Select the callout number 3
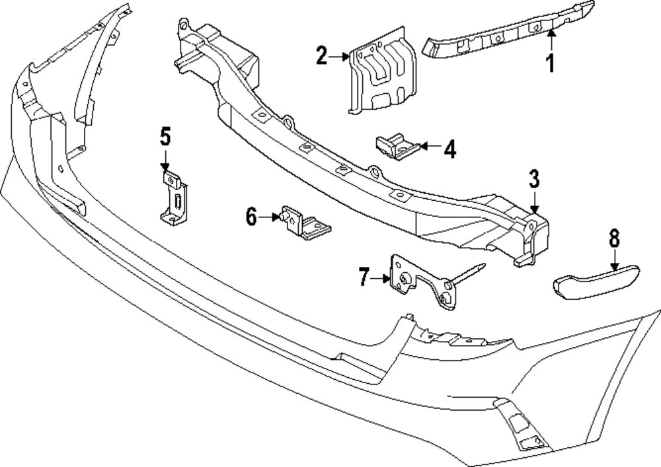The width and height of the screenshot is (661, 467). tap(534, 178)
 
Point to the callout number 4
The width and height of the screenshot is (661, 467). tap(449, 150)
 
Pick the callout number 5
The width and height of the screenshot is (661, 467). tap(165, 137)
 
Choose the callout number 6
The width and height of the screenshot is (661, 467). tap(251, 217)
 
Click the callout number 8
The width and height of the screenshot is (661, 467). tap(614, 236)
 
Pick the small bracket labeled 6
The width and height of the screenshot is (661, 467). tap(304, 225)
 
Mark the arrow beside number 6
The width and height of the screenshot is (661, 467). tap(270, 216)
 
